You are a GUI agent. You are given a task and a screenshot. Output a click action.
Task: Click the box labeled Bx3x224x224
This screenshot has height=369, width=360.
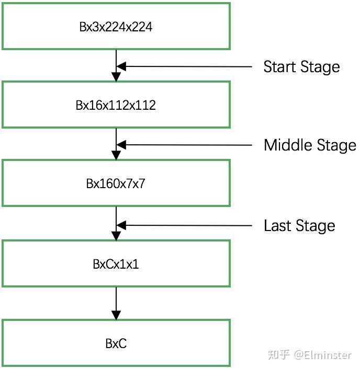pos(116,27)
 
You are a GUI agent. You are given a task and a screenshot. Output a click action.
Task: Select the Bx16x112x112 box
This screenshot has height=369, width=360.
pos(116,105)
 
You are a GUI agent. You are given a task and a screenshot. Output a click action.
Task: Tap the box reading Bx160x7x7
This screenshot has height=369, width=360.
pos(116,183)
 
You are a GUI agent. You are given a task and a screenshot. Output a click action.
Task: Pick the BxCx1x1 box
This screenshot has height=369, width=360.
pos(116,264)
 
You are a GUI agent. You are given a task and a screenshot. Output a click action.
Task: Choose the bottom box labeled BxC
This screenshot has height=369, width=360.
pos(116,343)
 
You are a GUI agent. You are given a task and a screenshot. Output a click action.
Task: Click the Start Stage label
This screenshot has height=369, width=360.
pos(301,67)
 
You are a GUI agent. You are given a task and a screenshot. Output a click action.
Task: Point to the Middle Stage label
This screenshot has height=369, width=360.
pos(310,145)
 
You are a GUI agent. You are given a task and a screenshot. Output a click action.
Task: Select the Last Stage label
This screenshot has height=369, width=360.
pos(299,226)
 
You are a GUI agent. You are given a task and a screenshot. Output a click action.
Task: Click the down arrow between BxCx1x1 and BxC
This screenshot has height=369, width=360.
pos(116,303)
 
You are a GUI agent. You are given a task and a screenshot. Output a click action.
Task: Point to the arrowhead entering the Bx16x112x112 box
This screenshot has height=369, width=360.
pos(116,77)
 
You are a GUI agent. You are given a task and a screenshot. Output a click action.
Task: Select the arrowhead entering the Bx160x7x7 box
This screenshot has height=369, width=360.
pos(116,155)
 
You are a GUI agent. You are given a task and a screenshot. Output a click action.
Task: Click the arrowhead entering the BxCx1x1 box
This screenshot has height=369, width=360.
pos(116,236)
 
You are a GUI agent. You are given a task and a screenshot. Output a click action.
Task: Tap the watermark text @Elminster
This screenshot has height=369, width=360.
pos(323,355)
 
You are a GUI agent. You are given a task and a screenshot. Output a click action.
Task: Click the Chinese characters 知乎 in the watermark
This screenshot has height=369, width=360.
pos(278,355)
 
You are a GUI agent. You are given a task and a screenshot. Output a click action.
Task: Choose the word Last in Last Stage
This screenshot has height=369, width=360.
pos(277,226)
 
